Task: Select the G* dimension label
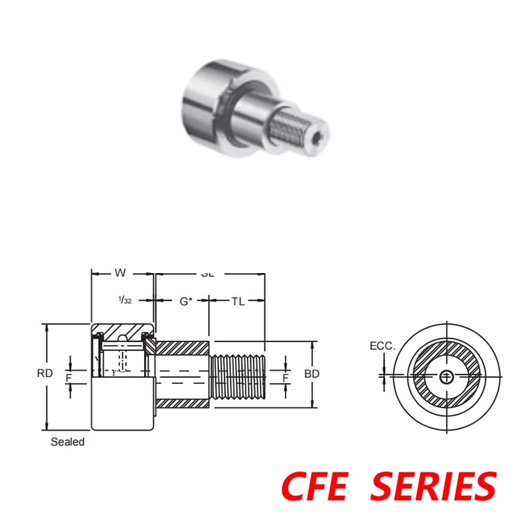click(x=186, y=301)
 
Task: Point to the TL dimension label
click(x=238, y=301)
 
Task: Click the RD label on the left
click(x=45, y=374)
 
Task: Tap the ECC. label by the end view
click(x=383, y=346)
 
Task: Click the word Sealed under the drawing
click(x=67, y=442)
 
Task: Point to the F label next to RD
click(x=68, y=378)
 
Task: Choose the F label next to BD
click(x=286, y=378)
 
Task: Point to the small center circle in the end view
click(x=447, y=376)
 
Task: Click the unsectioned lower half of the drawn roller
click(x=122, y=403)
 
